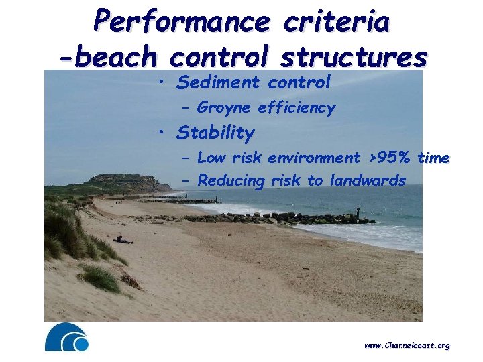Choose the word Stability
coord(215,133)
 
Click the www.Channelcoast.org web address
coord(407,345)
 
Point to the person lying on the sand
coord(123,239)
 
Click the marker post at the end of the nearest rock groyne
coord(358,213)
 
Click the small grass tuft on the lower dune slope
coord(101,277)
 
